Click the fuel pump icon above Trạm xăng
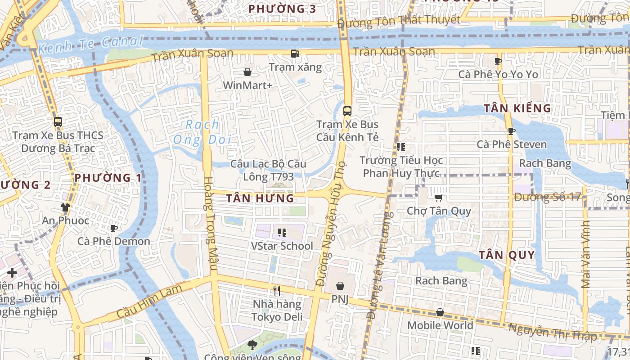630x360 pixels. (295, 54)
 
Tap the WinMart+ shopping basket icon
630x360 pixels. (247, 72)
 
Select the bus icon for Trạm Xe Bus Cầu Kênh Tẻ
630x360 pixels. (347, 111)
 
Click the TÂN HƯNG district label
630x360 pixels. (260, 198)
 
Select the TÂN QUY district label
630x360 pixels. (507, 255)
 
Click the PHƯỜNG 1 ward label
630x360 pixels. (108, 178)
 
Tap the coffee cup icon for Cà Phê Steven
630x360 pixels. (511, 131)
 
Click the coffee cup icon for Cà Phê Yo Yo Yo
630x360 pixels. (498, 61)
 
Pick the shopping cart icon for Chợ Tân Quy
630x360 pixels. (439, 198)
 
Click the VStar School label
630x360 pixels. (282, 246)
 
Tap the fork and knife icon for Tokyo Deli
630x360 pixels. (277, 291)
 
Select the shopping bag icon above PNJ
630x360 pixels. (340, 286)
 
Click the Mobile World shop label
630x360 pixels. (440, 325)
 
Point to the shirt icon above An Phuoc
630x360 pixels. (65, 207)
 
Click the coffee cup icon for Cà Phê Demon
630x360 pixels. (114, 228)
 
